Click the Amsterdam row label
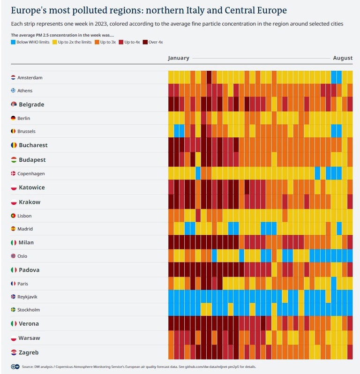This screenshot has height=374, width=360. (30, 77)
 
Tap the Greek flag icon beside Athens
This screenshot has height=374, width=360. (14, 90)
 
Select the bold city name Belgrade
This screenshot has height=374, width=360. (31, 105)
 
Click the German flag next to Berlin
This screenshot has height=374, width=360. (14, 118)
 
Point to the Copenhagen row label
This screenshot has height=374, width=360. (31, 173)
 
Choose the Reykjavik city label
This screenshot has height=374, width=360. (29, 297)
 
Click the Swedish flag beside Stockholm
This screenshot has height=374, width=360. (14, 310)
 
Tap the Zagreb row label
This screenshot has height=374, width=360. (29, 352)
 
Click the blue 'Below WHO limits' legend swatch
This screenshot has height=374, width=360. (13, 42)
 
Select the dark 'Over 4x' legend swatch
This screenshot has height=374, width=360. (145, 42)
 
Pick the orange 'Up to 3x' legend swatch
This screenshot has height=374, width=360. (97, 42)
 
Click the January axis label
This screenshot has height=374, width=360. (179, 58)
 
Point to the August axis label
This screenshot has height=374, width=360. (343, 58)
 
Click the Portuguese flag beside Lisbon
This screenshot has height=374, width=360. (14, 216)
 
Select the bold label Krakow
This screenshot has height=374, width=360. (30, 202)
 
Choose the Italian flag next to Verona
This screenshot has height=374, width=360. (14, 323)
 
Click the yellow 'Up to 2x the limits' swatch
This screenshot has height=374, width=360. (55, 42)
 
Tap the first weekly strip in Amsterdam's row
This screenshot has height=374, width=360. (171, 77)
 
